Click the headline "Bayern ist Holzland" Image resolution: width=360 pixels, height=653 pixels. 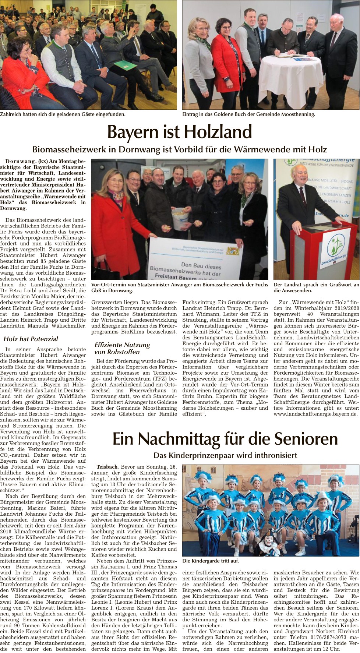pyautogui.click(x=180, y=132)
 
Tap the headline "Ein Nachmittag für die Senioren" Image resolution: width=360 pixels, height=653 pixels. pyautogui.click(x=225, y=439)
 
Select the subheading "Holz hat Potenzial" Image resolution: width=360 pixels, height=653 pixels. pyautogui.click(x=31, y=339)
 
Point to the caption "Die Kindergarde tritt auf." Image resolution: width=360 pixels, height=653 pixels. pyautogui.click(x=211, y=561)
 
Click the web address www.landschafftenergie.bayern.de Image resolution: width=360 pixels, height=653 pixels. pyautogui.click(x=315, y=414)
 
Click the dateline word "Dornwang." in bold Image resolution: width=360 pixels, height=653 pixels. pyautogui.click(x=21, y=161)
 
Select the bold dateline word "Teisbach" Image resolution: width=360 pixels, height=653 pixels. pyautogui.click(x=107, y=467)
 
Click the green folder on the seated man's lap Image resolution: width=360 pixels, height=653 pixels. pyautogui.click(x=126, y=66)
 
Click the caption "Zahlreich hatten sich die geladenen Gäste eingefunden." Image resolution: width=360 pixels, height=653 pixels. pyautogui.click(x=63, y=114)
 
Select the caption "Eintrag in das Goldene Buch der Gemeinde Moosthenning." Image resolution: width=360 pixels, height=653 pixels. pyautogui.click(x=248, y=114)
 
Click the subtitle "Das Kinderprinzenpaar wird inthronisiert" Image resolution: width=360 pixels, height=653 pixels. pyautogui.click(x=225, y=455)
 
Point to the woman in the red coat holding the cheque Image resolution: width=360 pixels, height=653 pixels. pyautogui.click(x=114, y=221)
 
